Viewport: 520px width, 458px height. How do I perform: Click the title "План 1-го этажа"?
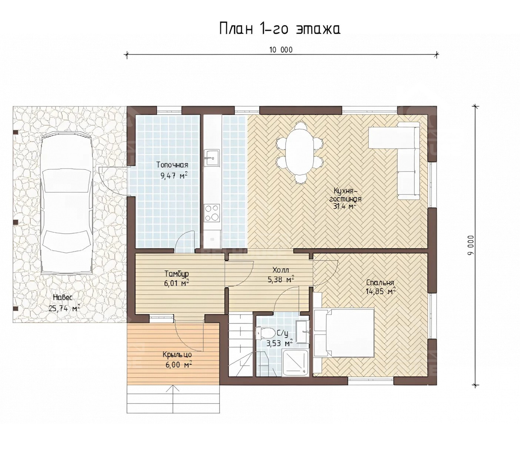click(280, 29)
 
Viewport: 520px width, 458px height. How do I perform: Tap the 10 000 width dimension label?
click(280, 50)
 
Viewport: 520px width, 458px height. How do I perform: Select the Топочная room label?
click(172, 165)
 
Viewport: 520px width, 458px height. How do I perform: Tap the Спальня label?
click(380, 283)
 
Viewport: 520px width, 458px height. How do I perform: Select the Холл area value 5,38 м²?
click(280, 279)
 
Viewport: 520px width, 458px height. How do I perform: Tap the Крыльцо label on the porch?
click(177, 355)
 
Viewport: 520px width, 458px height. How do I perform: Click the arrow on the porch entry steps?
click(173, 400)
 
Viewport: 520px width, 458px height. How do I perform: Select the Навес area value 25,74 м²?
click(64, 308)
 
